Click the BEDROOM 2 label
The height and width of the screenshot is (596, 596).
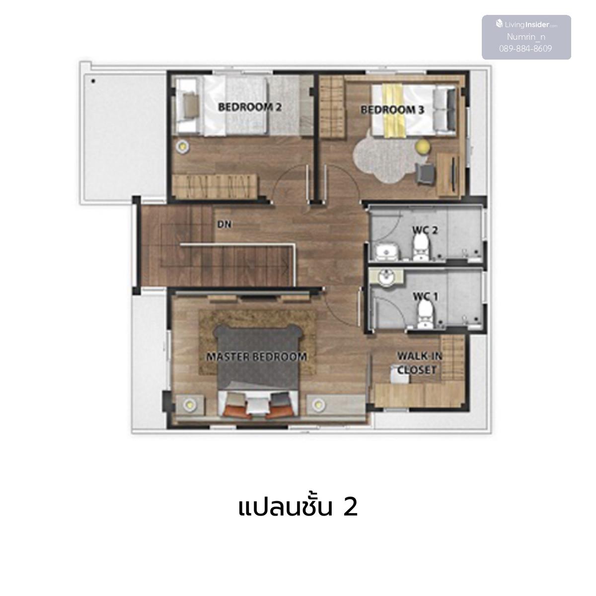[x=250, y=107]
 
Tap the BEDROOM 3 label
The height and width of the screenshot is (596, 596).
[x=392, y=110]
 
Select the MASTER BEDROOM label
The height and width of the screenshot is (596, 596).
[x=256, y=357]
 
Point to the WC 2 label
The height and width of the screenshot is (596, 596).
[x=425, y=230]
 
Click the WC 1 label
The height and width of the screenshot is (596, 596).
[x=426, y=297]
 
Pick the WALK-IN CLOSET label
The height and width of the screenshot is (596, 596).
[x=419, y=363]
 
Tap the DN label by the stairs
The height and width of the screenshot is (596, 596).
[x=224, y=224]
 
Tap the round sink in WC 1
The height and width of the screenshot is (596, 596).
[x=386, y=277]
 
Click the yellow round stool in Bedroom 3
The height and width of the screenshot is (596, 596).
[x=422, y=147]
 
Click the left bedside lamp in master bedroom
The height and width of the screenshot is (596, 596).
[x=189, y=404]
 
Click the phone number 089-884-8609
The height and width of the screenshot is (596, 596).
[x=525, y=49]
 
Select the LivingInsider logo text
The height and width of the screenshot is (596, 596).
[x=527, y=24]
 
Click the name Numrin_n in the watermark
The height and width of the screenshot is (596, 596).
[x=526, y=37]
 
